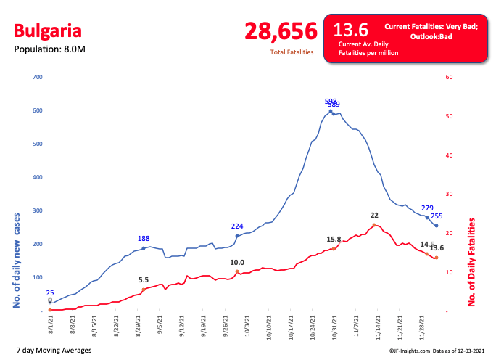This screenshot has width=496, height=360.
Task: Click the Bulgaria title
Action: [48, 31]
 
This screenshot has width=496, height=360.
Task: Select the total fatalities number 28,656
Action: [281, 31]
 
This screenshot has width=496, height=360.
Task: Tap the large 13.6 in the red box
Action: [350, 30]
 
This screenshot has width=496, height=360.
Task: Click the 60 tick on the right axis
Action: [449, 77]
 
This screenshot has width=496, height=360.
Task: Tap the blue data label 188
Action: [144, 239]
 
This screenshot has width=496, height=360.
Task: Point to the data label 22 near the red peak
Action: [374, 216]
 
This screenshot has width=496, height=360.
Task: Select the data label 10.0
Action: [237, 263]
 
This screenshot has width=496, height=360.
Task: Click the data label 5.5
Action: [144, 280]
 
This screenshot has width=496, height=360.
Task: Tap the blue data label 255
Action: [437, 216]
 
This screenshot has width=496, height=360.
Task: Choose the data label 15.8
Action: [334, 240]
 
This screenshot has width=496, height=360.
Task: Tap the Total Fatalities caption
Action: [292, 52]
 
